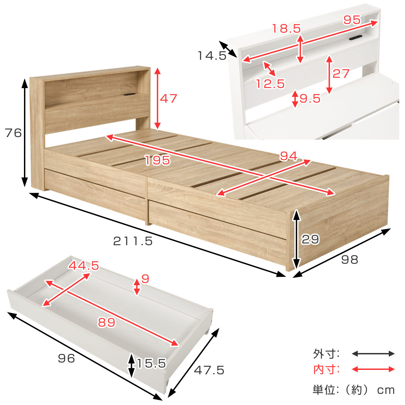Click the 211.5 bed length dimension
click(133, 241)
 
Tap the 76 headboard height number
click(13, 133)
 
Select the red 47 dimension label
click(168, 98)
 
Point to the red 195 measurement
click(158, 160)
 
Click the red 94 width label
click(289, 156)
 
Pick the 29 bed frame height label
click(310, 239)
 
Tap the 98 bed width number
click(350, 260)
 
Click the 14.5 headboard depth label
click(212, 56)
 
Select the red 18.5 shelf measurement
click(287, 28)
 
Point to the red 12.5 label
click(270, 83)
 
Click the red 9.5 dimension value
click(310, 98)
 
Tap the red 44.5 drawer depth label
click(84, 266)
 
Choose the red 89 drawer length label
click(107, 322)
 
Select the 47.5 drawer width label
click(209, 370)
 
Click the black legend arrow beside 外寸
click(373, 353)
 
